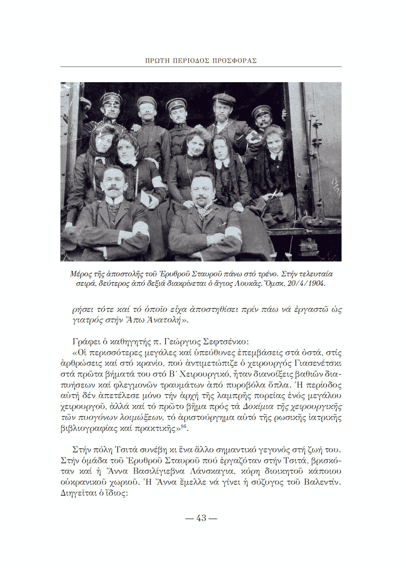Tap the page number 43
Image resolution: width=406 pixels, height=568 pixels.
tap(201, 518)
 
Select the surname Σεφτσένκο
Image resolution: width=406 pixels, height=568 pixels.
tap(226, 341)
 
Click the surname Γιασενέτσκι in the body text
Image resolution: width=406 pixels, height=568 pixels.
tap(318, 363)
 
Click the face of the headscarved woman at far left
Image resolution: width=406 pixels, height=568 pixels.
tap(103, 143)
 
